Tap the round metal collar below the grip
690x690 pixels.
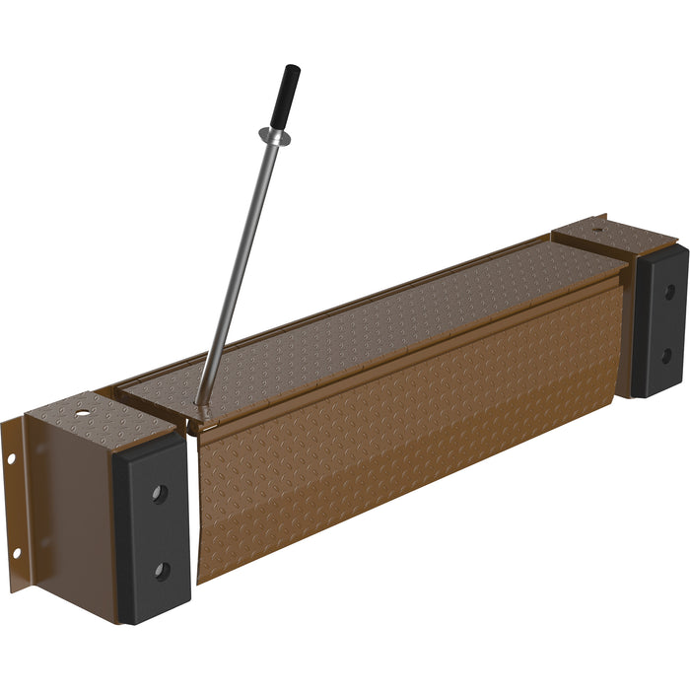pos(274,135)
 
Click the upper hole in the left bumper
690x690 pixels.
pos(160,493)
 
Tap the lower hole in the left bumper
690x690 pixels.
pos(163,570)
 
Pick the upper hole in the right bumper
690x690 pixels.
pos(668,292)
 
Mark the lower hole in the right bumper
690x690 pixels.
pos(667,353)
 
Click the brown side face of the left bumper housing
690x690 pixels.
pos(74,513)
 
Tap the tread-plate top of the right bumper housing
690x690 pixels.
pos(616,240)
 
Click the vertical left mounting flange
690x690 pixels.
pos(14,503)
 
